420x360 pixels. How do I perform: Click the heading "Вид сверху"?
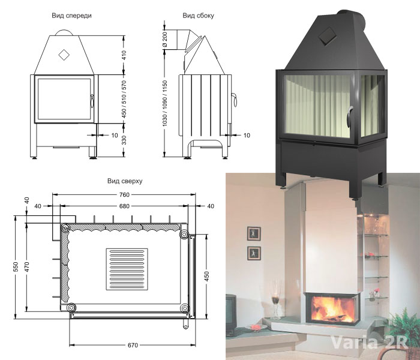(x=124, y=180)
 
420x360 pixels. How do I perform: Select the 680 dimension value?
(x=124, y=206)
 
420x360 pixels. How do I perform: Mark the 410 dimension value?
(x=124, y=55)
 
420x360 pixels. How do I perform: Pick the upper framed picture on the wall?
(x=253, y=233)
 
